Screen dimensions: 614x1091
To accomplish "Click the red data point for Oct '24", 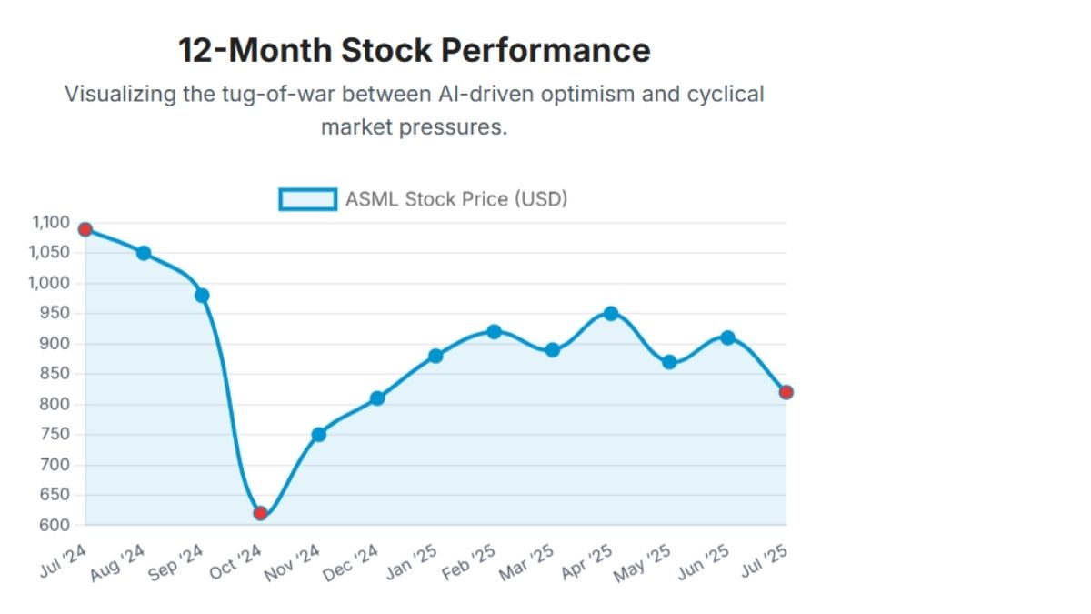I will [260, 513].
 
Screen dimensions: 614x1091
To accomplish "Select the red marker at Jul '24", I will [85, 229].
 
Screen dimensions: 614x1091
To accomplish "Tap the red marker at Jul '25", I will [786, 392].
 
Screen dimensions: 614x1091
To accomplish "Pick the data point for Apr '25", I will [611, 314].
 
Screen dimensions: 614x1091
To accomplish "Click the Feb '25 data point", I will [494, 332].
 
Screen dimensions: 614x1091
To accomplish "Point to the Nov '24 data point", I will [318, 435].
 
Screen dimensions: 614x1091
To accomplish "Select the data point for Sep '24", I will [202, 296].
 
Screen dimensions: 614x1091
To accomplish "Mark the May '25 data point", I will [669, 362].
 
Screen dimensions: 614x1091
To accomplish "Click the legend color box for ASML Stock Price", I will [307, 199].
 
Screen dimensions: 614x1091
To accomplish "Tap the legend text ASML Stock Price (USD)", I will [456, 199].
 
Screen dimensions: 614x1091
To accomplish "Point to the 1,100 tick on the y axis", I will [51, 223].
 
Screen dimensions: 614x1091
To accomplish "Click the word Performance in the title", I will [546, 50].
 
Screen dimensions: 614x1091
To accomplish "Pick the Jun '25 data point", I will [727, 337].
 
